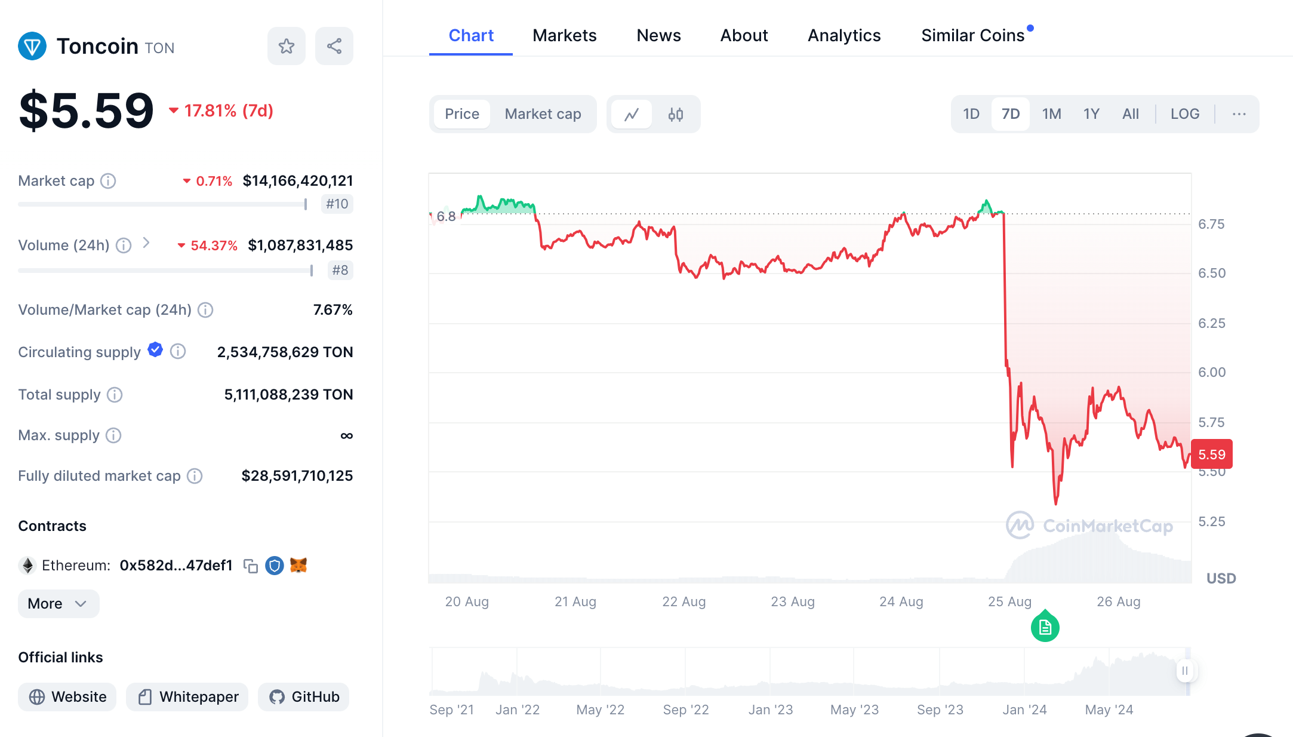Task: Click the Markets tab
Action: [x=564, y=36]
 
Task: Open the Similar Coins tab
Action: [x=972, y=36]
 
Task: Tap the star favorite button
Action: [x=287, y=46]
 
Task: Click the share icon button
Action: [x=334, y=46]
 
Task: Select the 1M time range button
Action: [x=1051, y=114]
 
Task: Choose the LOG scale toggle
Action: [x=1184, y=114]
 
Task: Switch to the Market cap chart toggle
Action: [x=543, y=114]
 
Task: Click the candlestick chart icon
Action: [x=675, y=114]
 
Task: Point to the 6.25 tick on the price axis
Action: [x=1211, y=323]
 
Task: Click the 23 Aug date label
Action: [x=792, y=601]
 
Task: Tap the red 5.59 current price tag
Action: [x=1211, y=455]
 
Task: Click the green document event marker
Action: [x=1045, y=627]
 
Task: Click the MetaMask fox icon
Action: [x=298, y=565]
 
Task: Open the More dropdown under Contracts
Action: [x=58, y=604]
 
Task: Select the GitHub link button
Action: [x=304, y=697]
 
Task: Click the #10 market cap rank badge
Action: [x=337, y=204]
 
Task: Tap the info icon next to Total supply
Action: [x=115, y=395]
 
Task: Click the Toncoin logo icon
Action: [x=32, y=46]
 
